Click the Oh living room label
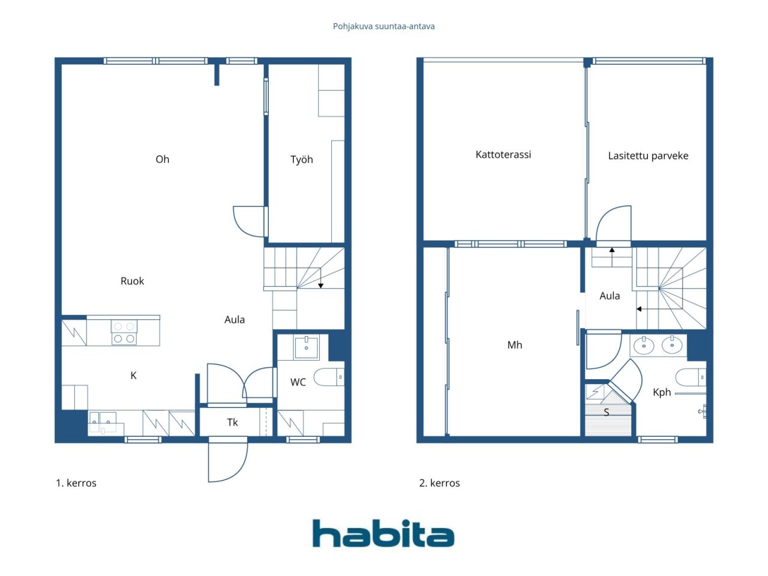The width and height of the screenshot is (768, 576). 163,160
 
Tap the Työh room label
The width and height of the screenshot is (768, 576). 302,160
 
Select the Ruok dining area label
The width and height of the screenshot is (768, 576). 132,281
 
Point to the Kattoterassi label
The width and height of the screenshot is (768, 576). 503,155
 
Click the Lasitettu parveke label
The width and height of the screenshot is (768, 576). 648,155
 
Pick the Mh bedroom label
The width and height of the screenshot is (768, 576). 515,345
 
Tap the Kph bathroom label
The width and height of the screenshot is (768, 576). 662,392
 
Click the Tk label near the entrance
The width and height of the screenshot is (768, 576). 232,422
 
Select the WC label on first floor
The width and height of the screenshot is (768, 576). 298,382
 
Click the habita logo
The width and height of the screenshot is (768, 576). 383,533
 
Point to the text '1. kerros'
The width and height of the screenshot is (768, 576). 76,483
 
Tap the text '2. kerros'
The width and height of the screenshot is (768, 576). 439,483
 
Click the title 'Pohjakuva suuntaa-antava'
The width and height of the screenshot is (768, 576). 383,26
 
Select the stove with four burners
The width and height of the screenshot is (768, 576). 124,332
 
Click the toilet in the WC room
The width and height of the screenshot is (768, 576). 329,377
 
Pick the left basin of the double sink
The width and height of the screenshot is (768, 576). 644,345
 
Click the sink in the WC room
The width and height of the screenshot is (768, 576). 306,347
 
